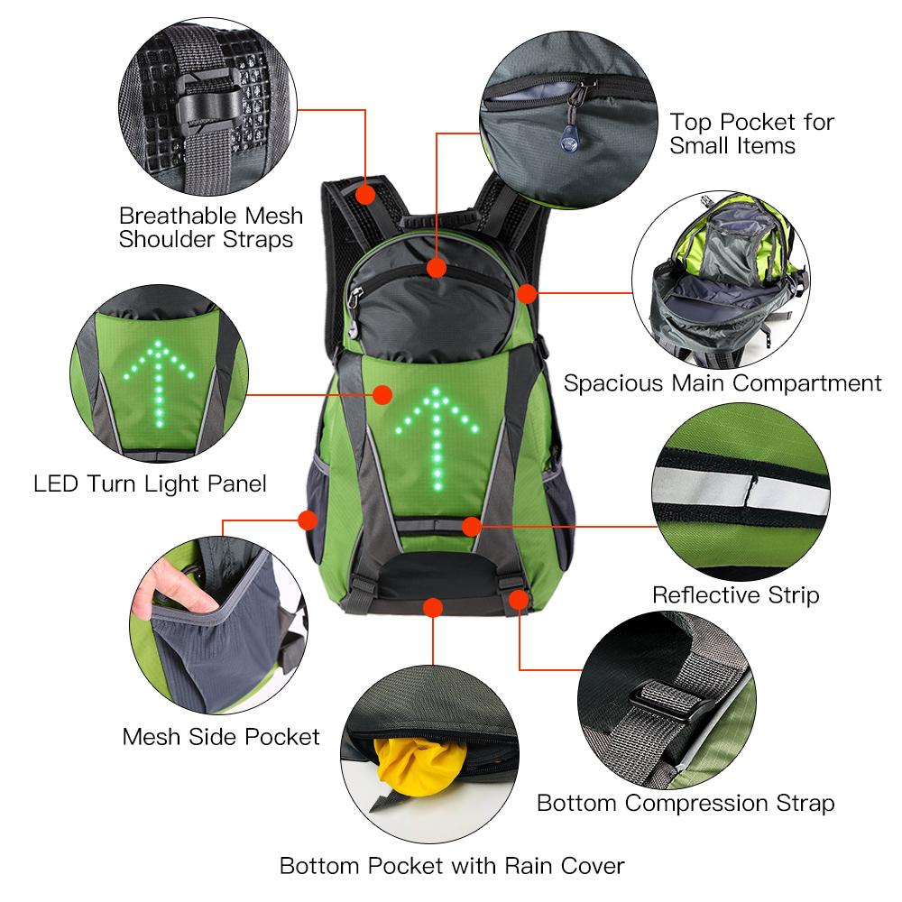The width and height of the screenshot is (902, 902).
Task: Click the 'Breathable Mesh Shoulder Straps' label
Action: (211, 227)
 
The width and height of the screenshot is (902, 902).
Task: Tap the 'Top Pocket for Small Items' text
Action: (751, 133)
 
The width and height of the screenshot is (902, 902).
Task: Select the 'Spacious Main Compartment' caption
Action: (723, 383)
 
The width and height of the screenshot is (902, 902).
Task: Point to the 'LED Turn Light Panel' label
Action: (150, 483)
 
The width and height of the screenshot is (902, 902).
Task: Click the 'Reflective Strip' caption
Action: (735, 595)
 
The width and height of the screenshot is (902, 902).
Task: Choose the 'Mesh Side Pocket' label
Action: (221, 737)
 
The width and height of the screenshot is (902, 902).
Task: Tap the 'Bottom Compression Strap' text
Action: (686, 803)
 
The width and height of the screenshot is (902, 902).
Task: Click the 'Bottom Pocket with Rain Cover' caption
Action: (452, 867)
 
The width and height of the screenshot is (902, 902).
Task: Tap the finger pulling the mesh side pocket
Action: (168, 586)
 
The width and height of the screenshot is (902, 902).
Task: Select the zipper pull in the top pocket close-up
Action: (568, 131)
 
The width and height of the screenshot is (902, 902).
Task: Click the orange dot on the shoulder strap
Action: (365, 194)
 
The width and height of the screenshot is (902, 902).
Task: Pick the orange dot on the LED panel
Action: (382, 394)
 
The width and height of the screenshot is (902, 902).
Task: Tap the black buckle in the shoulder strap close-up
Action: (203, 113)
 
